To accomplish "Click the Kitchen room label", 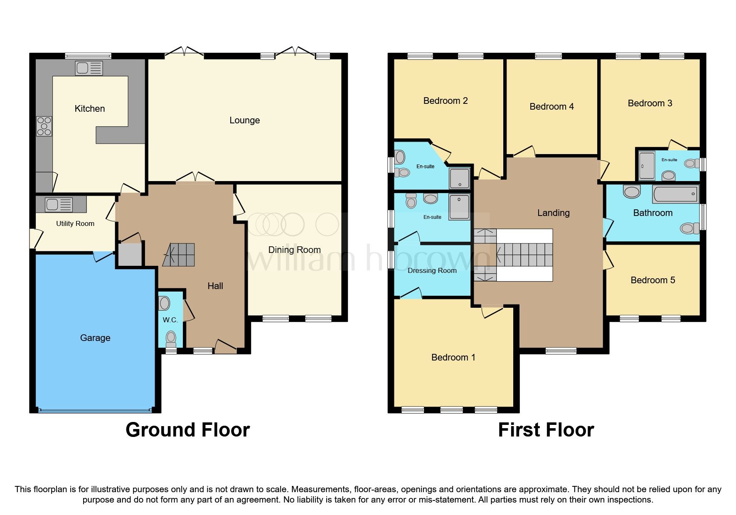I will [89, 109].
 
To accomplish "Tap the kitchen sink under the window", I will [89, 68].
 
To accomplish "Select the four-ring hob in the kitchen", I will [44, 126].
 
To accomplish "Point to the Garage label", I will [95, 338].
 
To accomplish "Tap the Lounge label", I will [244, 120].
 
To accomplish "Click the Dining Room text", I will [294, 250].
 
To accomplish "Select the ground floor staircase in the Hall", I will [179, 255].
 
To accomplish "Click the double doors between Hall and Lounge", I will [195, 177].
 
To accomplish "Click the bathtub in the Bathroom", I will [675, 194].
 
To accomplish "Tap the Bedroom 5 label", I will [652, 280].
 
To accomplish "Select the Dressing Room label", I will [432, 271].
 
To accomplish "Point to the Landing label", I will [553, 213].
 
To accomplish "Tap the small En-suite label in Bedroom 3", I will [669, 160].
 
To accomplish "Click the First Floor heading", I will [546, 430].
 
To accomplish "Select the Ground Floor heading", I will [187, 430].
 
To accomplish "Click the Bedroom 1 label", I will [453, 358].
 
